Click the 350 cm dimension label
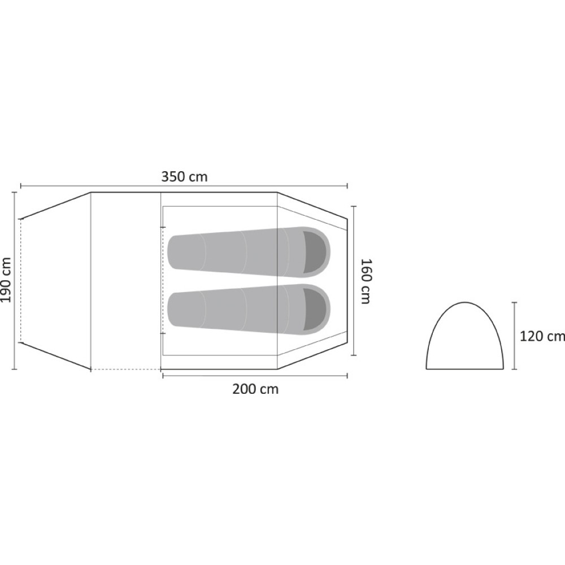pyautogui.click(x=184, y=177)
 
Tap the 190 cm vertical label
pyautogui.click(x=6, y=280)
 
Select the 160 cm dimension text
pyautogui.click(x=366, y=281)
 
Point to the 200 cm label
pyautogui.click(x=255, y=389)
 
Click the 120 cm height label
pyautogui.click(x=542, y=336)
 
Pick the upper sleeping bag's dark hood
pyautogui.click(x=316, y=252)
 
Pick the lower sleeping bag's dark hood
pyautogui.click(x=316, y=309)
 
